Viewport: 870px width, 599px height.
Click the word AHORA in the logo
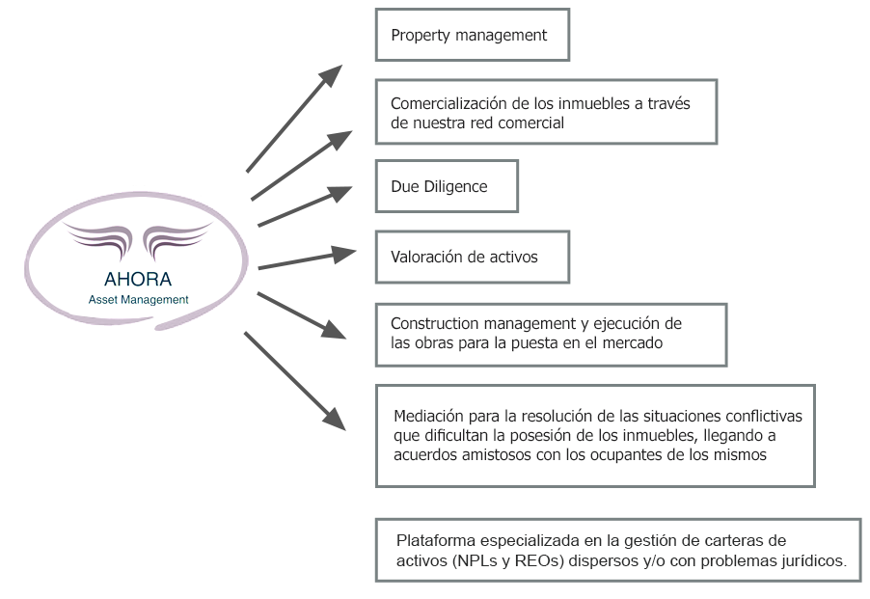coord(138,279)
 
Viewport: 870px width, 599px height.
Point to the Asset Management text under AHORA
coord(138,299)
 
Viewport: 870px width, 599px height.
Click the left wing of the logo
coord(98,238)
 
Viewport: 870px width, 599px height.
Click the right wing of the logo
coord(177,238)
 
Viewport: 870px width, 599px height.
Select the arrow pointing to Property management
coord(294,118)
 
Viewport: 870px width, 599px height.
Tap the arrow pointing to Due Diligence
coord(305,206)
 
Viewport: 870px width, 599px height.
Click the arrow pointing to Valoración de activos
coord(307,259)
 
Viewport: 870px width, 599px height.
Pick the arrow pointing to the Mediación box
coord(294,381)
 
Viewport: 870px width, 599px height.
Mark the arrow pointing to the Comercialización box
coord(301,165)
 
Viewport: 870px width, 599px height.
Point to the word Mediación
coord(428,416)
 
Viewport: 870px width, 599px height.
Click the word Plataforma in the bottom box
coord(436,540)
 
